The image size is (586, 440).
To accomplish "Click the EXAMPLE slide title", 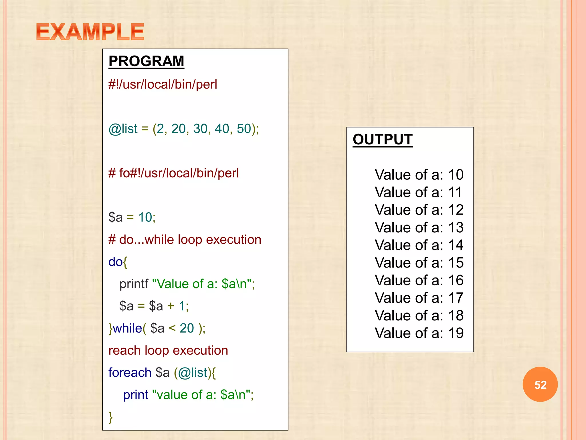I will (90, 32).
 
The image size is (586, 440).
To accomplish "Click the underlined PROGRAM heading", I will (146, 61).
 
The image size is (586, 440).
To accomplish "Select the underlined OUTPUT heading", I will (382, 140).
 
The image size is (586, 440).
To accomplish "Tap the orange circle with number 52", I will (540, 384).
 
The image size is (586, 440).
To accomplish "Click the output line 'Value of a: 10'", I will (419, 174).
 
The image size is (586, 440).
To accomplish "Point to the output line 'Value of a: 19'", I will (419, 333).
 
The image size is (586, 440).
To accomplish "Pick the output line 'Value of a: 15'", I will (419, 262).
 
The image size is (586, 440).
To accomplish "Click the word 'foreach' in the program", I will (130, 373).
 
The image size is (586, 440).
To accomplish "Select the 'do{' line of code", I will (118, 262).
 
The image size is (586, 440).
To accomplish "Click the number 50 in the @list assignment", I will (244, 129).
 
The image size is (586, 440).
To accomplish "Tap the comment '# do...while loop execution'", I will (185, 239).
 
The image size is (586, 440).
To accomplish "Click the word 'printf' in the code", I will (134, 284).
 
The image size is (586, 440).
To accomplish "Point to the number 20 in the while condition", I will (187, 328).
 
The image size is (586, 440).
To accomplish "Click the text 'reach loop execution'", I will (168, 350).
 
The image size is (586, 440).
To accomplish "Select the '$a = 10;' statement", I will (132, 217).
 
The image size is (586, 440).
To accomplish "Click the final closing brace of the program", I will (111, 417).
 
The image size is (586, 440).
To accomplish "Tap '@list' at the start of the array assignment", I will (123, 129).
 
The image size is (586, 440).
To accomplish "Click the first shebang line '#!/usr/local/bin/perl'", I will (163, 85).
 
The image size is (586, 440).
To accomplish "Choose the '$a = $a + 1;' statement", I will (154, 306).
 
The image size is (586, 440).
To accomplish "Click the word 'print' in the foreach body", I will (136, 395).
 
